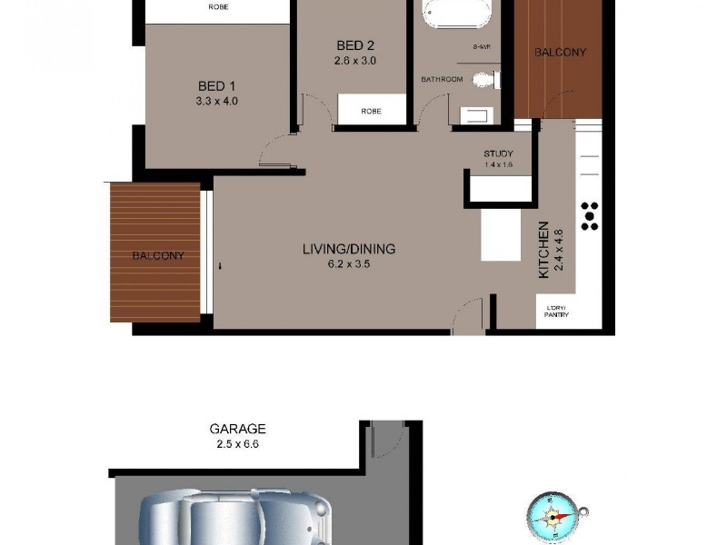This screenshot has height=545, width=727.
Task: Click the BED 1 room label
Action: click(216, 86)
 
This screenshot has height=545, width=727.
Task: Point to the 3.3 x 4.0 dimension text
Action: click(216, 101)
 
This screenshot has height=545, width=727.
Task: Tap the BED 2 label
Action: click(355, 46)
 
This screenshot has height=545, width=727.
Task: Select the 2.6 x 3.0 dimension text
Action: click(355, 61)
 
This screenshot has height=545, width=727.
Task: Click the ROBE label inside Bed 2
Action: click(371, 112)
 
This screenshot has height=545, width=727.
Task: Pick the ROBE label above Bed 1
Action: click(218, 6)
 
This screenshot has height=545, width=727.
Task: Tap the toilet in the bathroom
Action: click(487, 80)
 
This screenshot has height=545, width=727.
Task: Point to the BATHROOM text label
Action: click(442, 80)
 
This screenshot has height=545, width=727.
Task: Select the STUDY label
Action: click(499, 154)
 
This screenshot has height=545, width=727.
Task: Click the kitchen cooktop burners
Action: click(590, 214)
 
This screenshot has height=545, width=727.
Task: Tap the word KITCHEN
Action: click(544, 250)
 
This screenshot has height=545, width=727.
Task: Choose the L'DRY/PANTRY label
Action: click(556, 312)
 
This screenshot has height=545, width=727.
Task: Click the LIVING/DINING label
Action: click(349, 249)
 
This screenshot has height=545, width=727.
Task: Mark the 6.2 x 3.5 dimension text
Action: click(349, 264)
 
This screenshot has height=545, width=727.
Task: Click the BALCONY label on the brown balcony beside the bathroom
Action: click(560, 53)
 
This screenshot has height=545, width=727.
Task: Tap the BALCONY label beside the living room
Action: click(158, 256)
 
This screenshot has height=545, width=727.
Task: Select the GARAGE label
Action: click(237, 429)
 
